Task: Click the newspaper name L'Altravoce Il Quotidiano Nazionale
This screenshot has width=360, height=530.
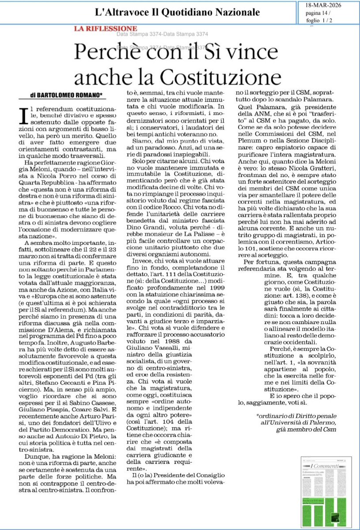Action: [x=178, y=12]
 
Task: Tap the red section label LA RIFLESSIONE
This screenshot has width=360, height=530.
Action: [x=105, y=29]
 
